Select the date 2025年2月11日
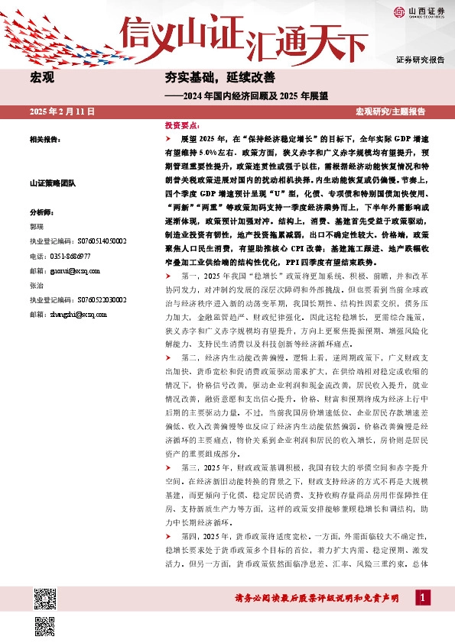[61, 111]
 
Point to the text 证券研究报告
[420, 59]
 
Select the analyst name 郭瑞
[36, 227]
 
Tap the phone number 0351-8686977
[70, 256]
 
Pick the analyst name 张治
[36, 286]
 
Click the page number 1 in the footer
[422, 596]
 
